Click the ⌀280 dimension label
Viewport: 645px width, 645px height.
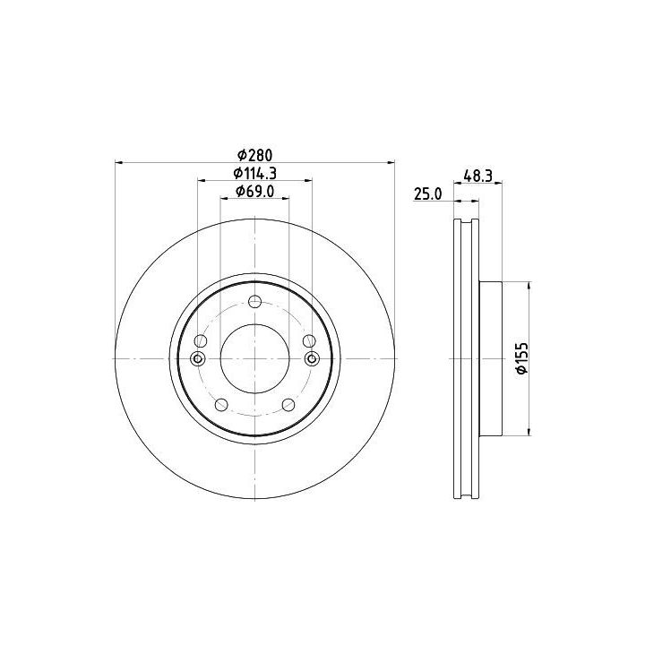click(x=255, y=155)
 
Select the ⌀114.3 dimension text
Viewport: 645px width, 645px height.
click(x=254, y=174)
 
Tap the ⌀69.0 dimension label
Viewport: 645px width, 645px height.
click(x=254, y=192)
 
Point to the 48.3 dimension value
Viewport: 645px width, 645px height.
click(x=477, y=176)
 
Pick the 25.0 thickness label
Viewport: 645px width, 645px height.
click(x=428, y=193)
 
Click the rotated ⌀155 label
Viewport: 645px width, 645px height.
click(x=521, y=358)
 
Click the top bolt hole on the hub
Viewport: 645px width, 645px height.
click(x=255, y=302)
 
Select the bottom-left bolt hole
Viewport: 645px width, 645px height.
click(x=222, y=405)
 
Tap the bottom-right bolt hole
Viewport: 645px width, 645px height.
click(x=288, y=405)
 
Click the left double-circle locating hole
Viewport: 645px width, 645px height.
click(x=197, y=358)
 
